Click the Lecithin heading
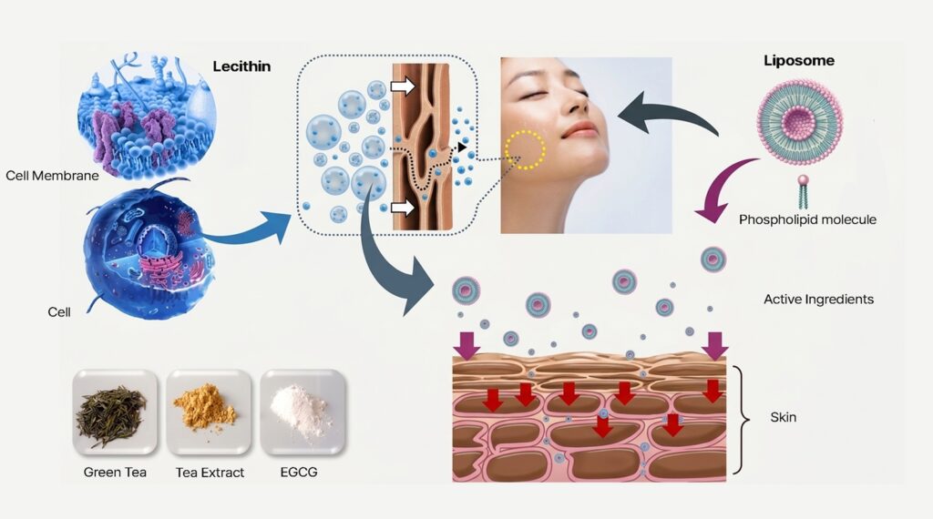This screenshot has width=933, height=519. click(241, 66)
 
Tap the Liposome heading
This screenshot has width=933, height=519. click(799, 61)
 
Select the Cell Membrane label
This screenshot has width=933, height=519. click(52, 176)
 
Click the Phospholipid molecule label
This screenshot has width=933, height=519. click(807, 219)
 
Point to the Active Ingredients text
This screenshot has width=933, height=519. click(819, 299)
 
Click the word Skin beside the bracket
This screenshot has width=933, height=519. click(783, 417)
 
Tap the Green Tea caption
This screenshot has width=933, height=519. click(115, 472)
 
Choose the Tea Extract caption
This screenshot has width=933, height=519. click(210, 473)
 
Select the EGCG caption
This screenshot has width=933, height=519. click(299, 472)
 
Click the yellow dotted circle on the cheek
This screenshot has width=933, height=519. click(526, 150)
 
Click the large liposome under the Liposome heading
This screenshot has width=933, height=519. click(799, 123)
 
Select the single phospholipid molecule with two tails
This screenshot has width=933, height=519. click(804, 191)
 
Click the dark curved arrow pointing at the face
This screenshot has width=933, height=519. click(666, 111)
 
